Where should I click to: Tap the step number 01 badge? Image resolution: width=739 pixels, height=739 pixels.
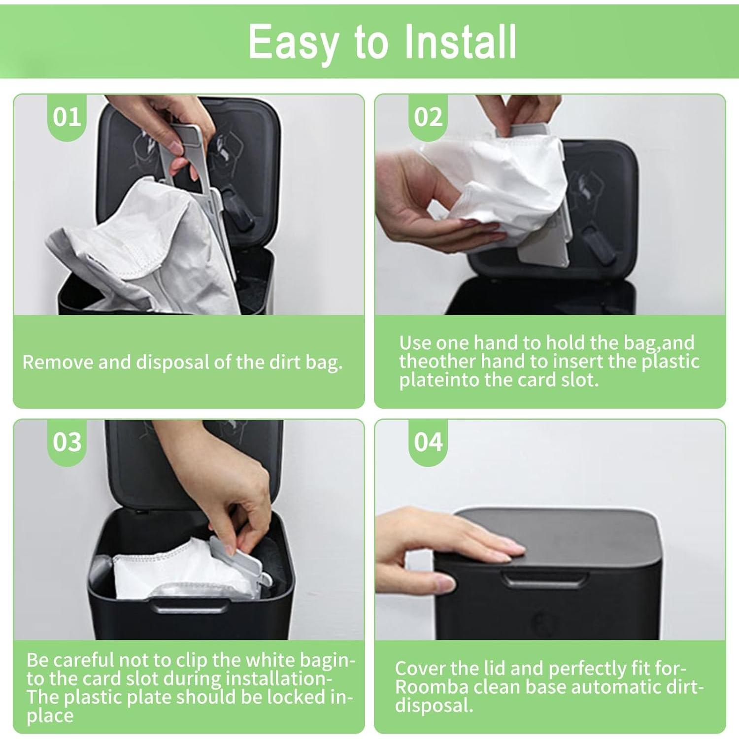click(67, 117)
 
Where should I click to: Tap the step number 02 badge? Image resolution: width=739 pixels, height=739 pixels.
click(428, 117)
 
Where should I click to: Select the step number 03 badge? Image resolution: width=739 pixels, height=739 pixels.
click(67, 442)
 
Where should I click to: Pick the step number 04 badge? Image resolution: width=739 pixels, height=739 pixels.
click(428, 442)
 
